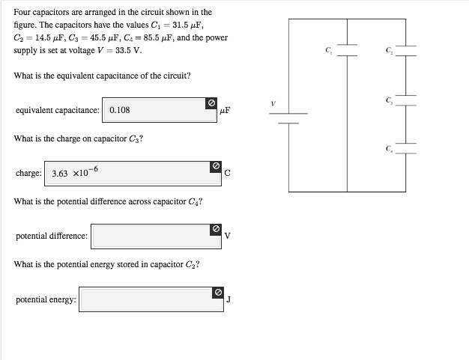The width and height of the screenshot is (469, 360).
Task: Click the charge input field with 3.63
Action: tap(127, 173)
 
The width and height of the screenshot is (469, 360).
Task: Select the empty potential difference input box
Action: tap(150, 236)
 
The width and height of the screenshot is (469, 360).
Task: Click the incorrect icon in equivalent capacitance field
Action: tap(211, 103)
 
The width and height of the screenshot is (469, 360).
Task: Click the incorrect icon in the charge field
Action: tap(215, 165)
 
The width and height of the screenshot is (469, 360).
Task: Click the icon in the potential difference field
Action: tap(215, 228)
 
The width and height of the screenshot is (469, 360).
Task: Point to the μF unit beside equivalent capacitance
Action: tap(226, 111)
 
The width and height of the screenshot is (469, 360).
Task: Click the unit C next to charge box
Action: tap(227, 174)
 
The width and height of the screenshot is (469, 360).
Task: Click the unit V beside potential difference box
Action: tap(227, 237)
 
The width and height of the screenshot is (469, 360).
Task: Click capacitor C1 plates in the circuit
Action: tap(346, 50)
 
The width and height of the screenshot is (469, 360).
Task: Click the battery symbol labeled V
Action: tap(288, 118)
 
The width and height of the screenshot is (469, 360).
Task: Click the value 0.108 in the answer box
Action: tap(120, 110)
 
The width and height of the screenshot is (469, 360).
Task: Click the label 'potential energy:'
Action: tap(46, 300)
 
